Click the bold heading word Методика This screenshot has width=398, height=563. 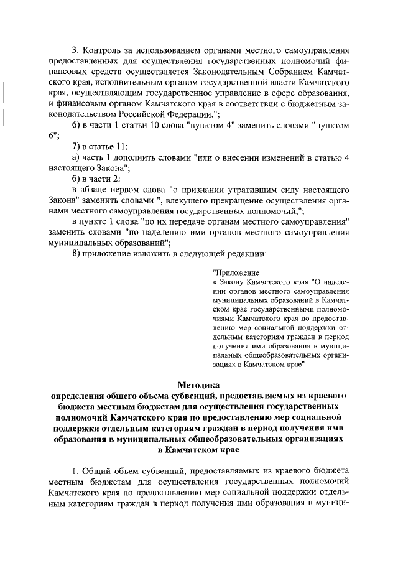(198, 386)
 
